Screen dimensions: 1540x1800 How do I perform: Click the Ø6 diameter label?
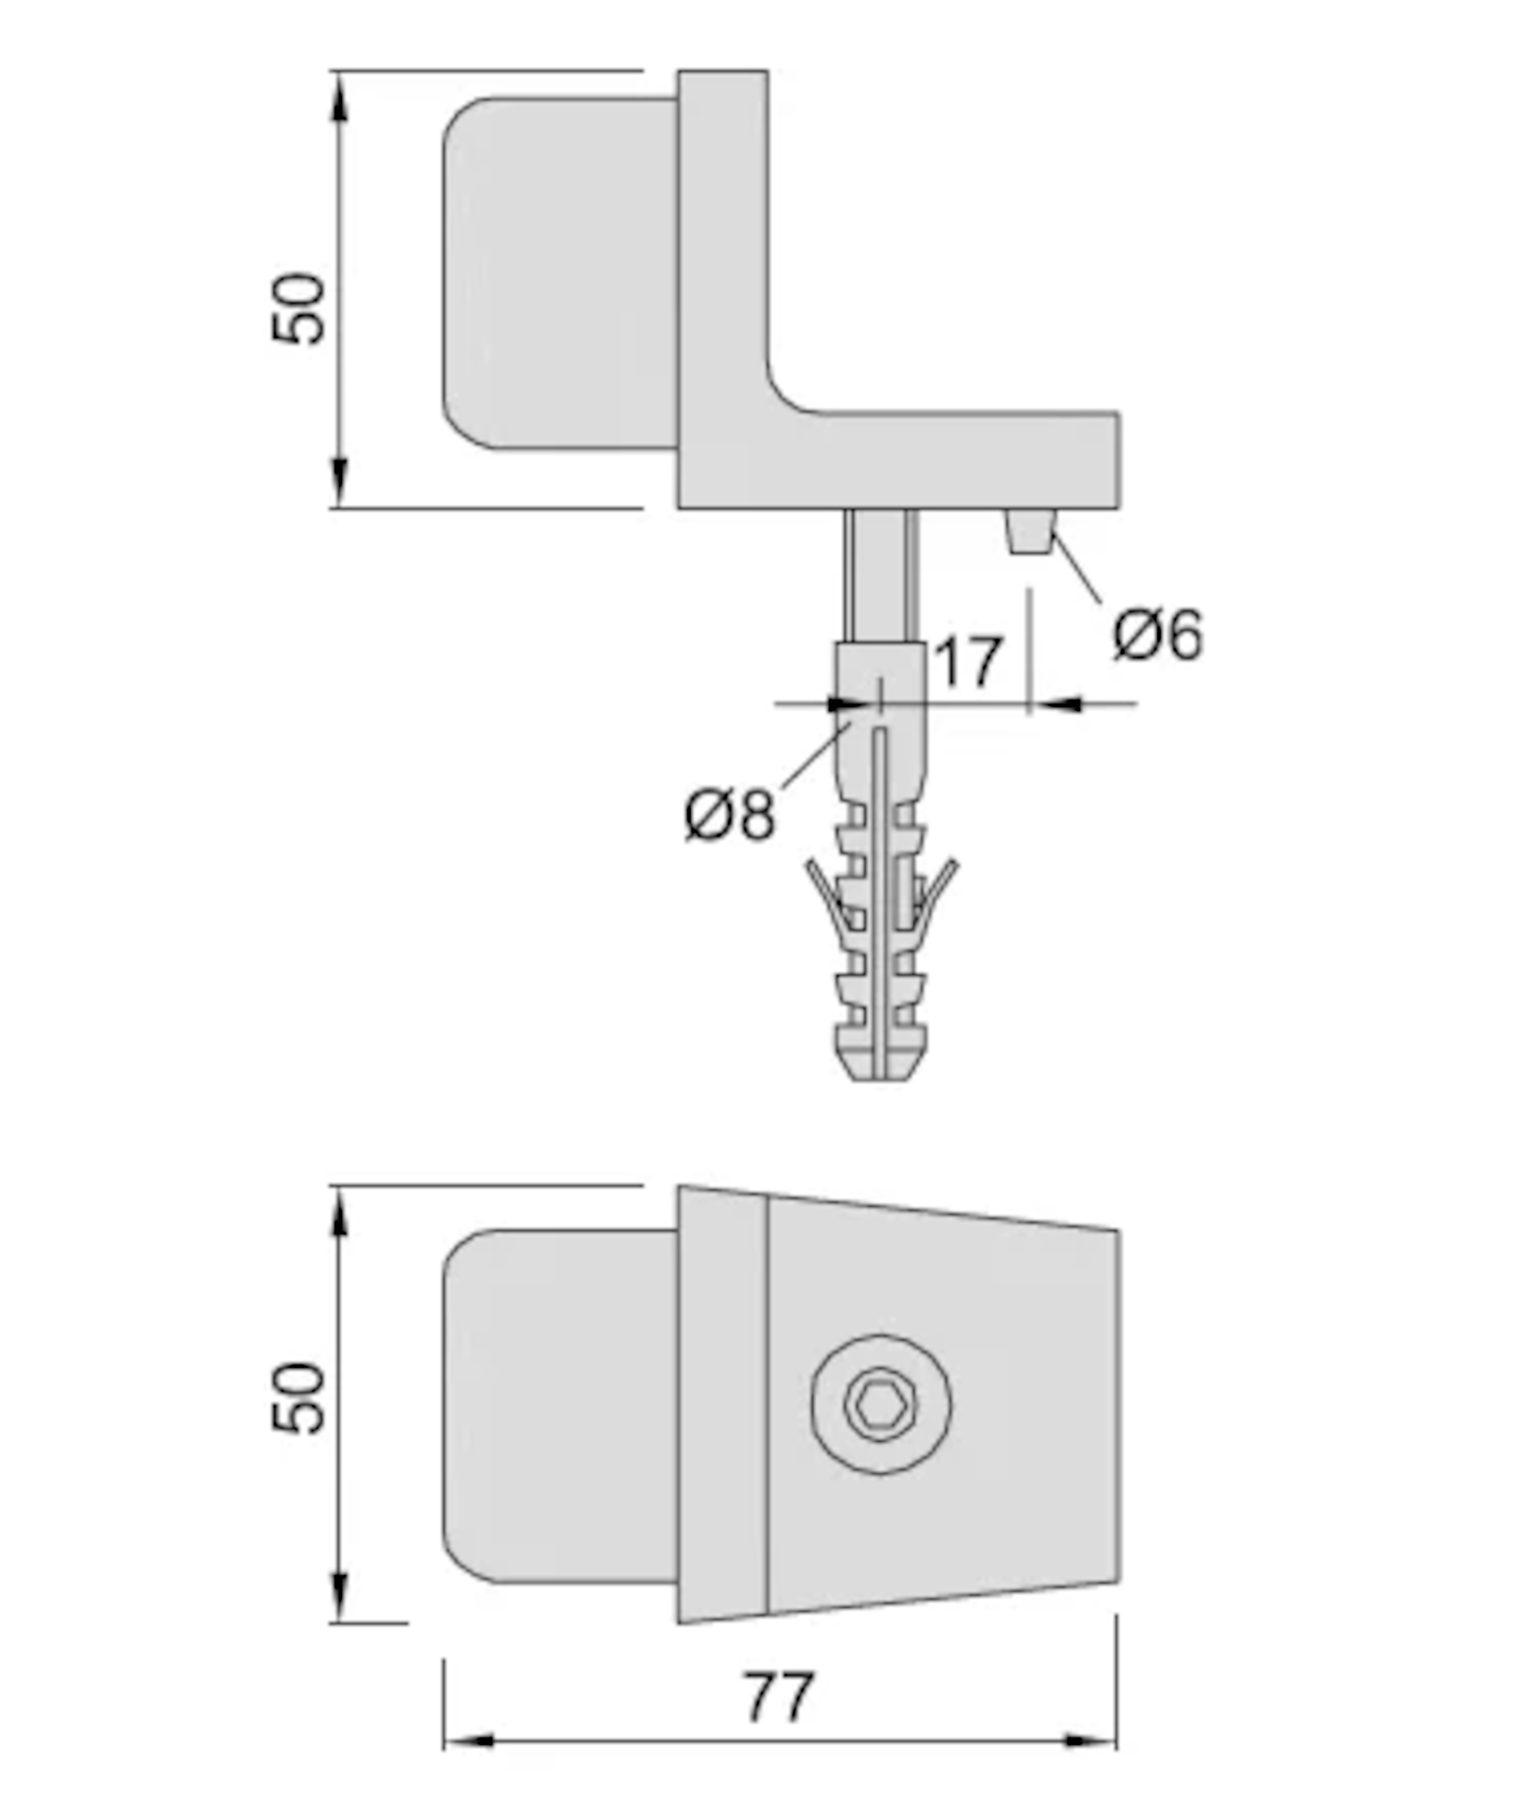pos(1158,635)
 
